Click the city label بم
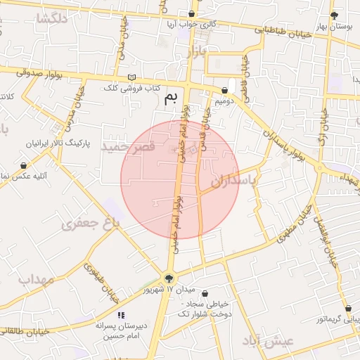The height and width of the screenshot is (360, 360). (x=171, y=99)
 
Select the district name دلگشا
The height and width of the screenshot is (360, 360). (x=53, y=19)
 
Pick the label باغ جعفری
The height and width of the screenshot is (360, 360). (x=91, y=224)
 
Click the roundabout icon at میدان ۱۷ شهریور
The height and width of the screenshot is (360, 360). (x=169, y=278)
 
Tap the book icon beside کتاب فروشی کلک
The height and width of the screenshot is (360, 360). (x=132, y=77)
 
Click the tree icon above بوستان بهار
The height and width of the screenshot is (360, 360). (x=334, y=15)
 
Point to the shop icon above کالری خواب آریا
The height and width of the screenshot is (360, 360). (x=192, y=13)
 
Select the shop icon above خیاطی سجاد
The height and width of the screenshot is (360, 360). (x=205, y=294)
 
